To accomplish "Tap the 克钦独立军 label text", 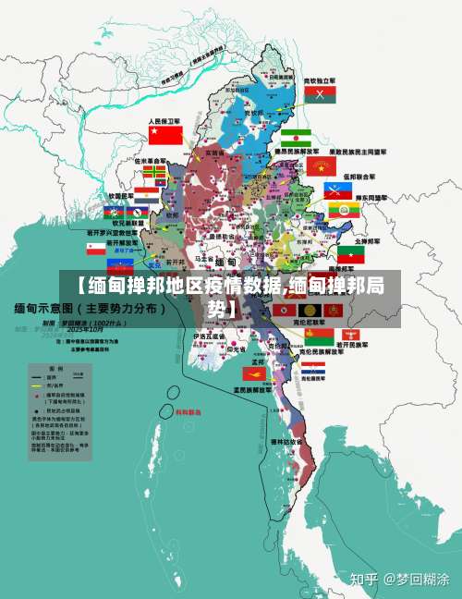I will click(x=320, y=81).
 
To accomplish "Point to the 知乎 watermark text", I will click(x=363, y=580).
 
